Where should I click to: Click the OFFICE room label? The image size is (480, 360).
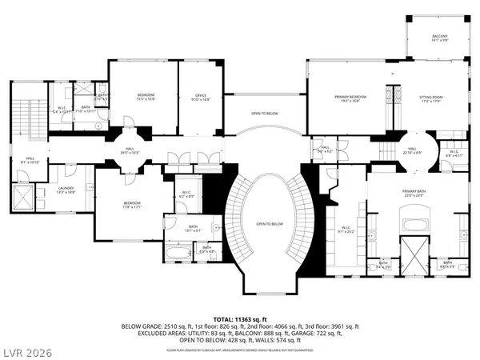[x=200, y=98]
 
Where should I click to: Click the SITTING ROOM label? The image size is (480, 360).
[x=430, y=98]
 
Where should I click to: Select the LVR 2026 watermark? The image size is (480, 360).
[x=26, y=349]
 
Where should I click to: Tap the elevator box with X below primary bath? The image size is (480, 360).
[x=414, y=253]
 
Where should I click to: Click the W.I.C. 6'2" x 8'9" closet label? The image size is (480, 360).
[x=186, y=194]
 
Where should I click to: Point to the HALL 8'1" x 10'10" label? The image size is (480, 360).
[x=30, y=160]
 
